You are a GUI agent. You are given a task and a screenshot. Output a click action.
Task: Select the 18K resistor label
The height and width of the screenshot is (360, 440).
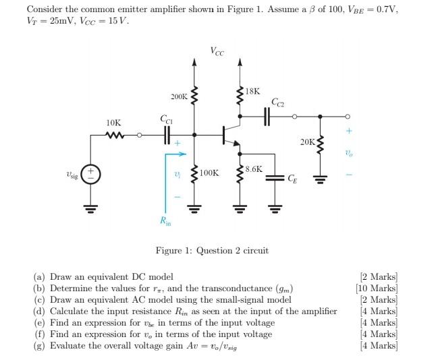click(x=252, y=90)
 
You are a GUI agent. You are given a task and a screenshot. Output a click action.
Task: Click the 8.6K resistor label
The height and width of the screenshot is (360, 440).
click(x=254, y=169)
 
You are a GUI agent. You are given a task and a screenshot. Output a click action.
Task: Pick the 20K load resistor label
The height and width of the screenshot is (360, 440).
click(x=308, y=142)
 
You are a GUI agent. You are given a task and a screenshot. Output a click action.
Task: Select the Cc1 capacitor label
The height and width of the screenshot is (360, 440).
click(x=166, y=119)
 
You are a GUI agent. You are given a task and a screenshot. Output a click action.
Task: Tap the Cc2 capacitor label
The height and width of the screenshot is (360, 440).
click(x=277, y=102)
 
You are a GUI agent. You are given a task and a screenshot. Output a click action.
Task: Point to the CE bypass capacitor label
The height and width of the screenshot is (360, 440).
click(x=292, y=179)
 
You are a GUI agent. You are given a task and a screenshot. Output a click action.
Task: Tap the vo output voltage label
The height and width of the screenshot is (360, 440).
click(x=349, y=154)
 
